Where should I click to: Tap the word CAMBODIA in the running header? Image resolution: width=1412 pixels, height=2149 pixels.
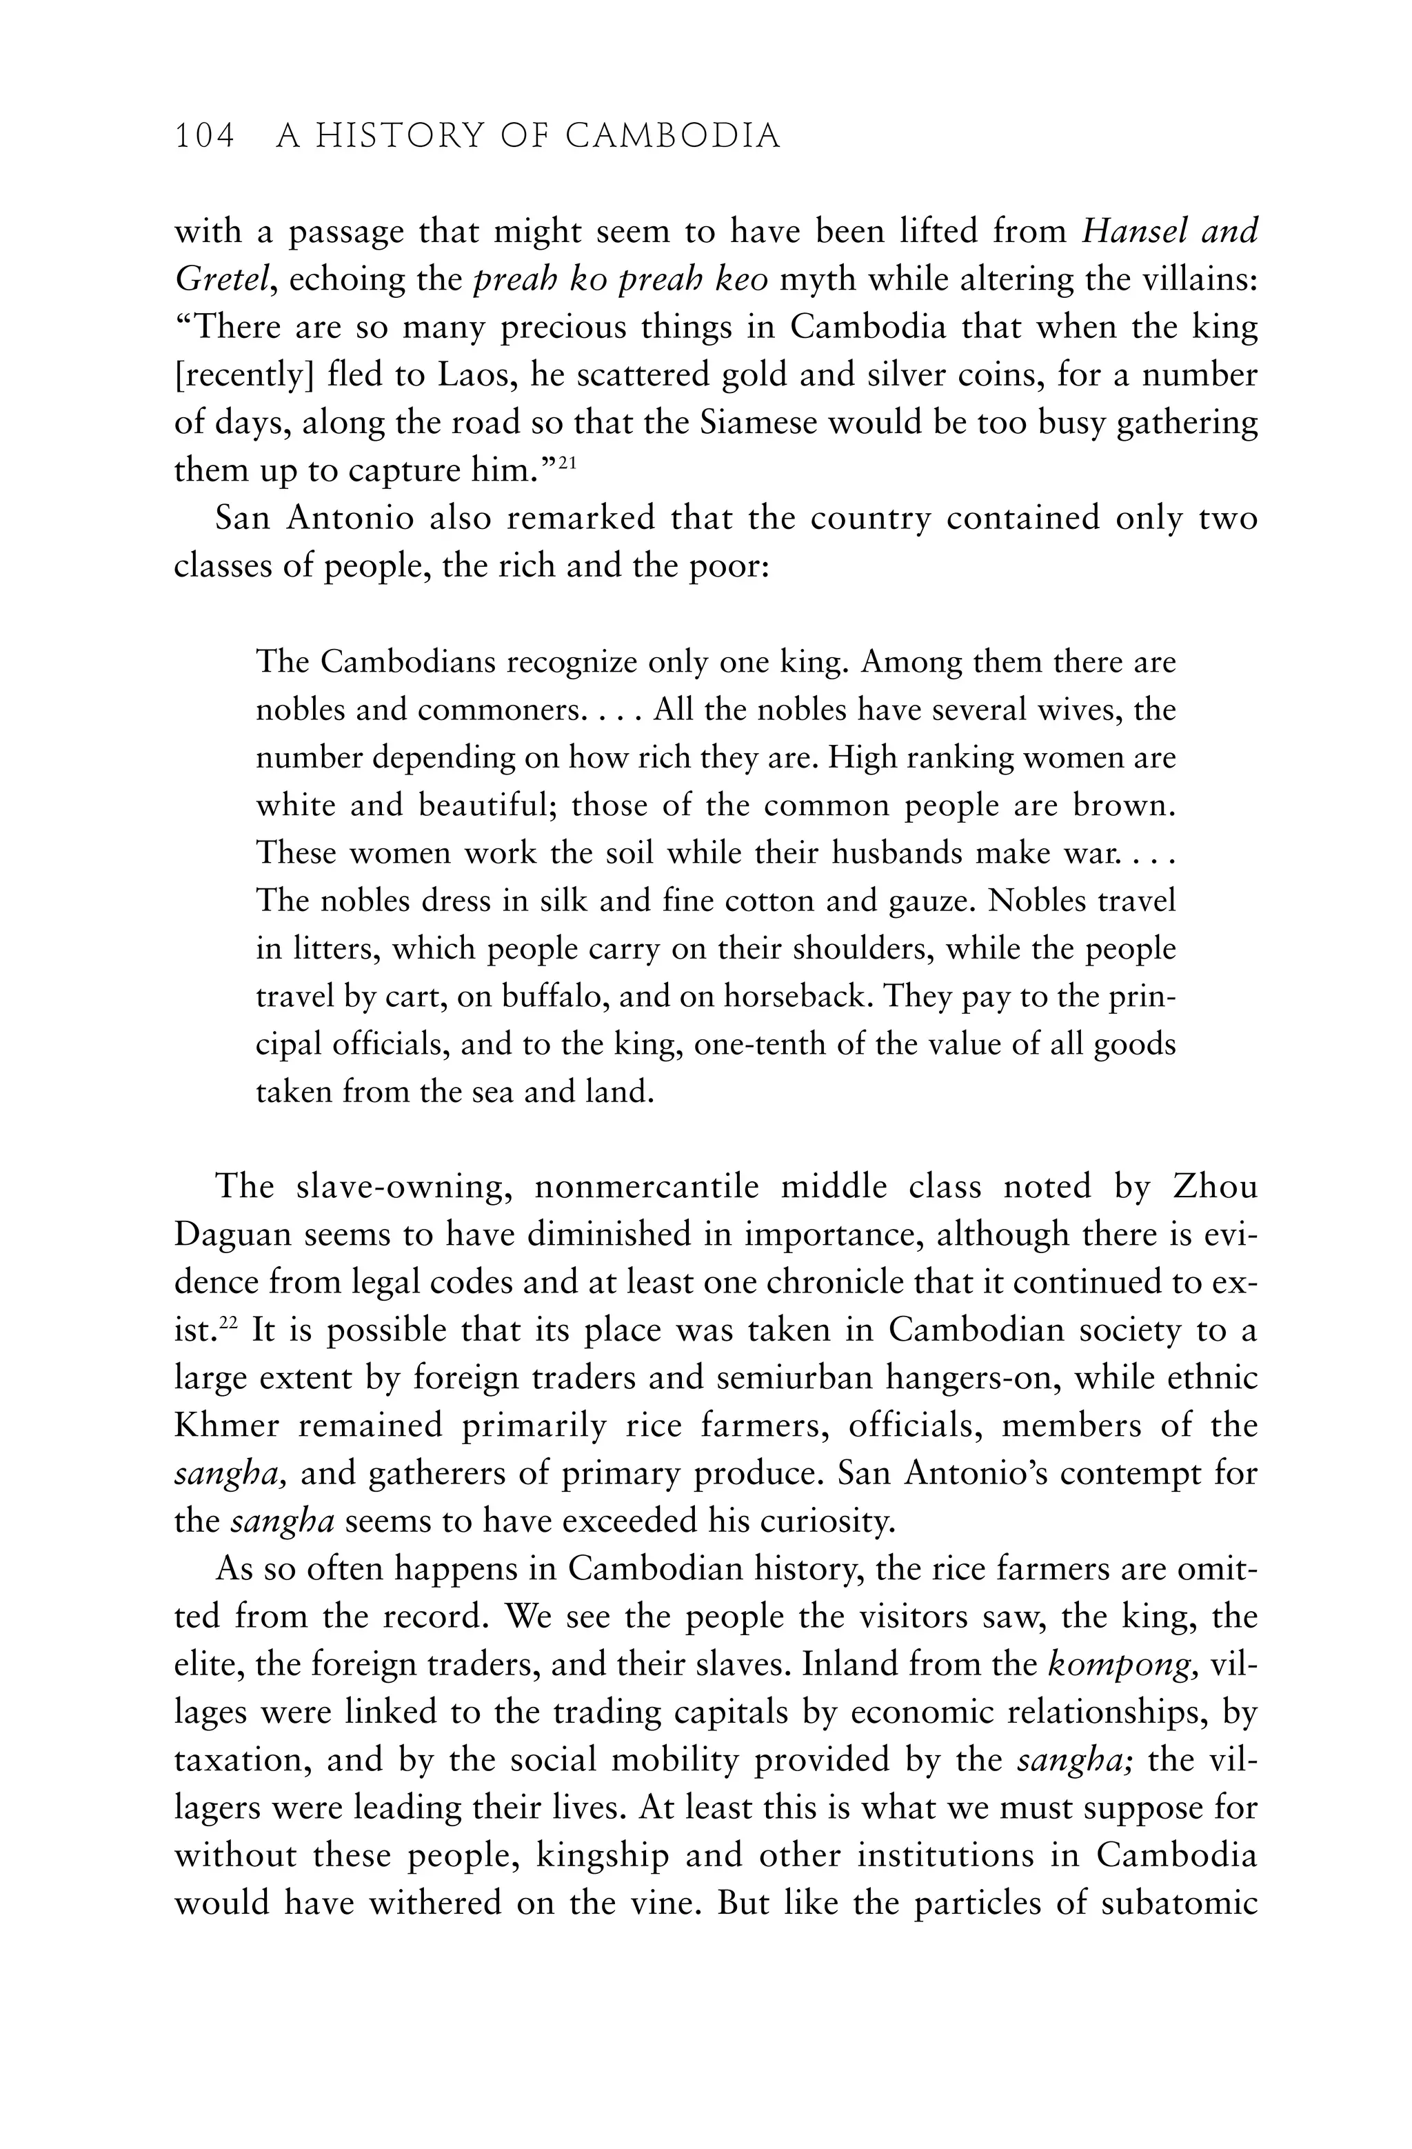pos(673,137)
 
